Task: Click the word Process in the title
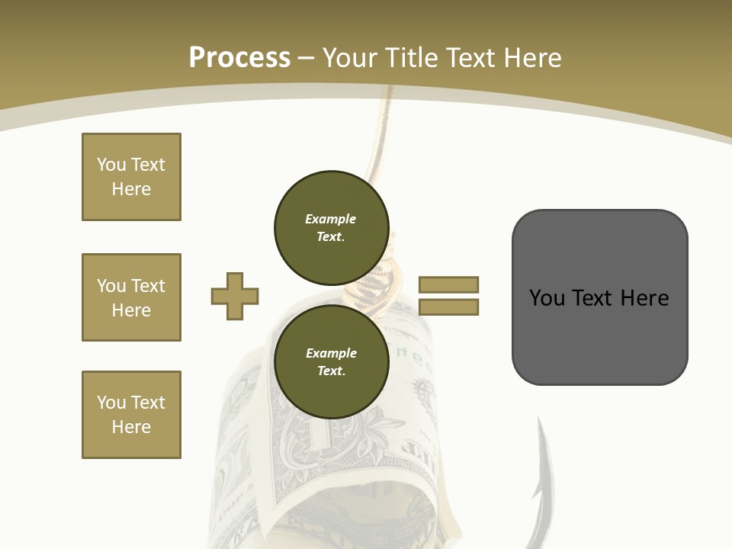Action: pos(239,58)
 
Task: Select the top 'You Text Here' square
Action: pos(131,177)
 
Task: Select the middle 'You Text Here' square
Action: pos(131,297)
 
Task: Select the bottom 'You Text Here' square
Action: pos(131,415)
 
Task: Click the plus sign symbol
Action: pos(235,297)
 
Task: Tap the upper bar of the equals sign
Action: pos(449,284)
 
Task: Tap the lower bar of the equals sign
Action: pos(449,307)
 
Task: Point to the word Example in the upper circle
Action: pos(330,219)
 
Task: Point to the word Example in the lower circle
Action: pos(331,353)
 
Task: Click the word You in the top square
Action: pos(111,165)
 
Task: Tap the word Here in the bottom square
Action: pos(131,427)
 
